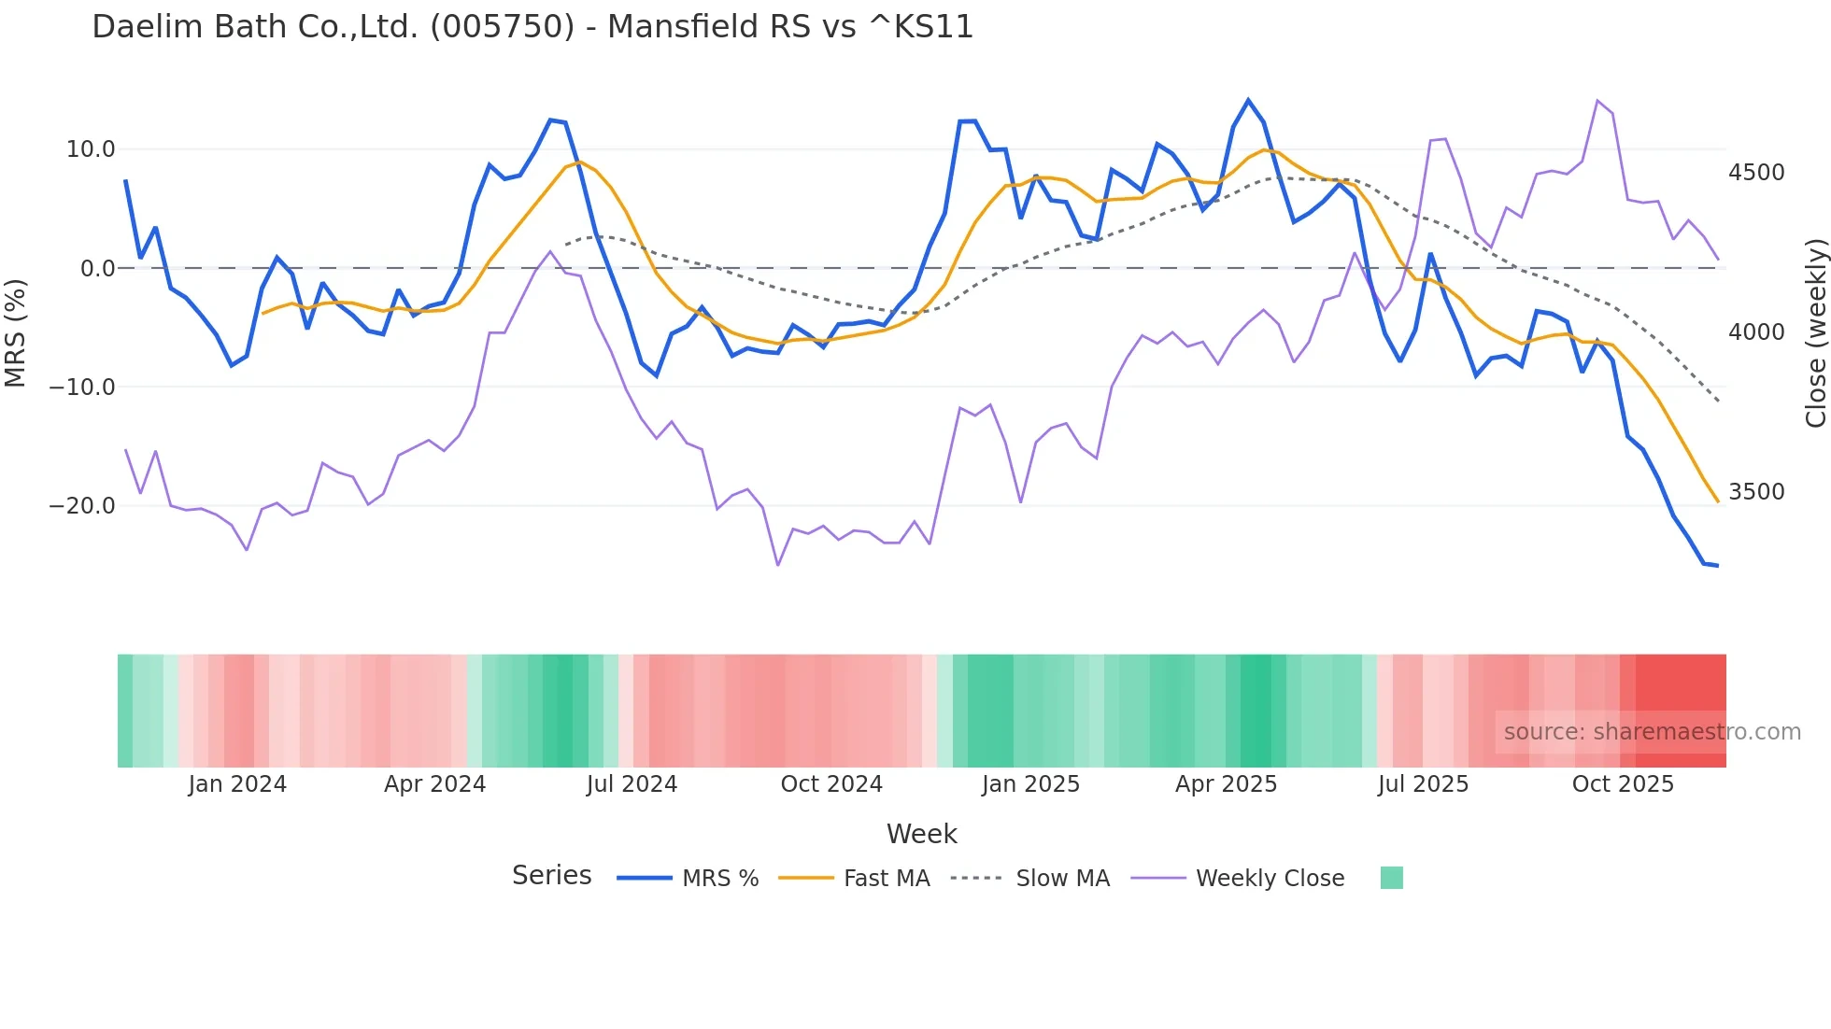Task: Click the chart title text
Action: (x=532, y=26)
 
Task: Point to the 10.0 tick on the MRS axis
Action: (x=91, y=149)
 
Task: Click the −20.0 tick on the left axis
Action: (x=82, y=506)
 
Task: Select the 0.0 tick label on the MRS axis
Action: (x=97, y=269)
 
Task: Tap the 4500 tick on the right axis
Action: (x=1756, y=173)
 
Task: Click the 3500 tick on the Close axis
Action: (x=1756, y=492)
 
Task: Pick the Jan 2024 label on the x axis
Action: (x=237, y=784)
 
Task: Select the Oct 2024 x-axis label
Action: (x=831, y=784)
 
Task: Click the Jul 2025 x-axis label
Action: (x=1423, y=784)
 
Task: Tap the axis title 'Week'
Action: (x=921, y=834)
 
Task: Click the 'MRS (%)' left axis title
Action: (x=15, y=332)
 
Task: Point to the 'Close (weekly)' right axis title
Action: (x=1815, y=332)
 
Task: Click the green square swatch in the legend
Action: (x=1391, y=878)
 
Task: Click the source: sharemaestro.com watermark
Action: (x=1652, y=732)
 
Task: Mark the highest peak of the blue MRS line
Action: (x=1248, y=100)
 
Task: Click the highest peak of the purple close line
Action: (x=1597, y=100)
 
